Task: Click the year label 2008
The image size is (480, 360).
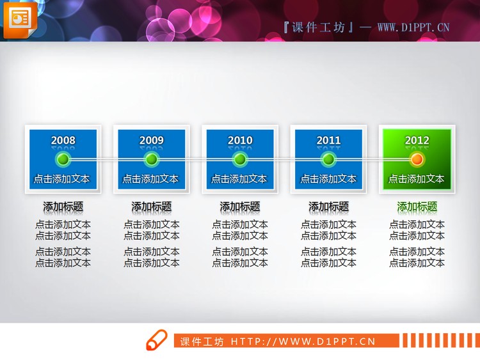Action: tap(63, 140)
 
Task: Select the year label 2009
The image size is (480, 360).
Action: tap(151, 140)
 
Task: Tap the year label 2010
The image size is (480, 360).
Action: tap(240, 140)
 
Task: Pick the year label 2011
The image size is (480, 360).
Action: tap(328, 140)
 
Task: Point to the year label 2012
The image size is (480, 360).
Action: tap(417, 140)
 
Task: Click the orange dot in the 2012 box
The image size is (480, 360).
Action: tap(417, 159)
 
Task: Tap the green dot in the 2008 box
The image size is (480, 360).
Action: tap(63, 159)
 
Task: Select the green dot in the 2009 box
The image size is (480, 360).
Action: tap(151, 159)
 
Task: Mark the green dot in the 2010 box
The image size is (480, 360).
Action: tap(240, 159)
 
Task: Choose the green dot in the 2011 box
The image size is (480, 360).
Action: tap(328, 159)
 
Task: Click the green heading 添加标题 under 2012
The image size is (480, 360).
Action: tap(417, 207)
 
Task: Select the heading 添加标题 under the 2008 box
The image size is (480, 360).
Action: tap(63, 207)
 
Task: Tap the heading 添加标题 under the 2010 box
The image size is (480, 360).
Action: tap(240, 207)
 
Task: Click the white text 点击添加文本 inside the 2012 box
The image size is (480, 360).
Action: tap(417, 179)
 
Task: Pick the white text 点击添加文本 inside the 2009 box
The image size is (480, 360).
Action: tap(151, 179)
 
